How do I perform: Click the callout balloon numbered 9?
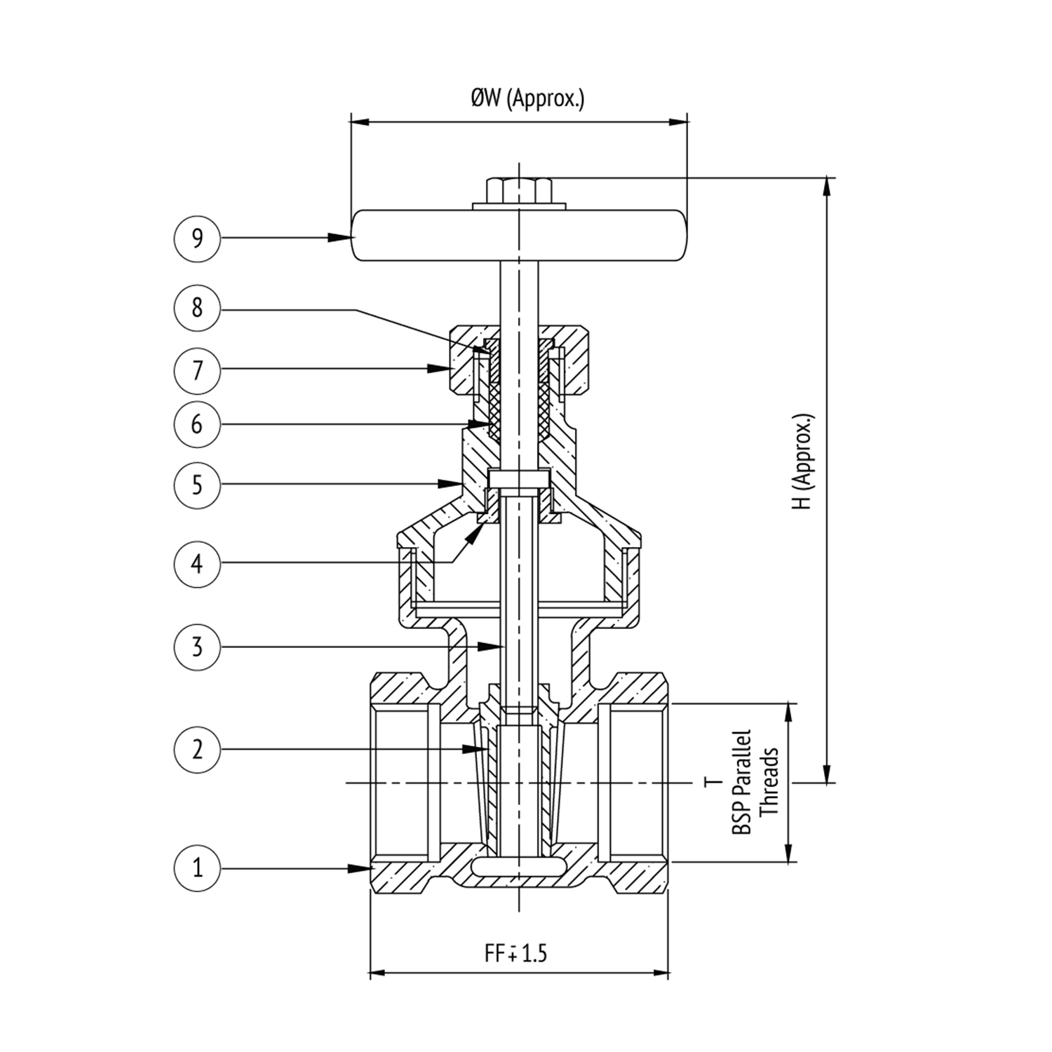[197, 238]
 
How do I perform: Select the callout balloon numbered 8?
[197, 307]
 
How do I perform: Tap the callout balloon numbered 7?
[197, 369]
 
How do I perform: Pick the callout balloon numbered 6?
[197, 424]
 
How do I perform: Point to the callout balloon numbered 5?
[197, 484]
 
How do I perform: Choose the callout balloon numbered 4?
[197, 562]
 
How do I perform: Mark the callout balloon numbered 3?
[197, 646]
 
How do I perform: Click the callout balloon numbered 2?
[197, 749]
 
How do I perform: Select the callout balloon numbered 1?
[197, 868]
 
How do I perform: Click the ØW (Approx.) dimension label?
[527, 99]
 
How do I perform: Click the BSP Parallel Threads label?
[755, 782]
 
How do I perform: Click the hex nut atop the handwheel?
[519, 190]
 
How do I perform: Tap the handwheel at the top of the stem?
[519, 236]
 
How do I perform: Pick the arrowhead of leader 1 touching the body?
[362, 868]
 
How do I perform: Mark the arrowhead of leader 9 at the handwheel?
[341, 238]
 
